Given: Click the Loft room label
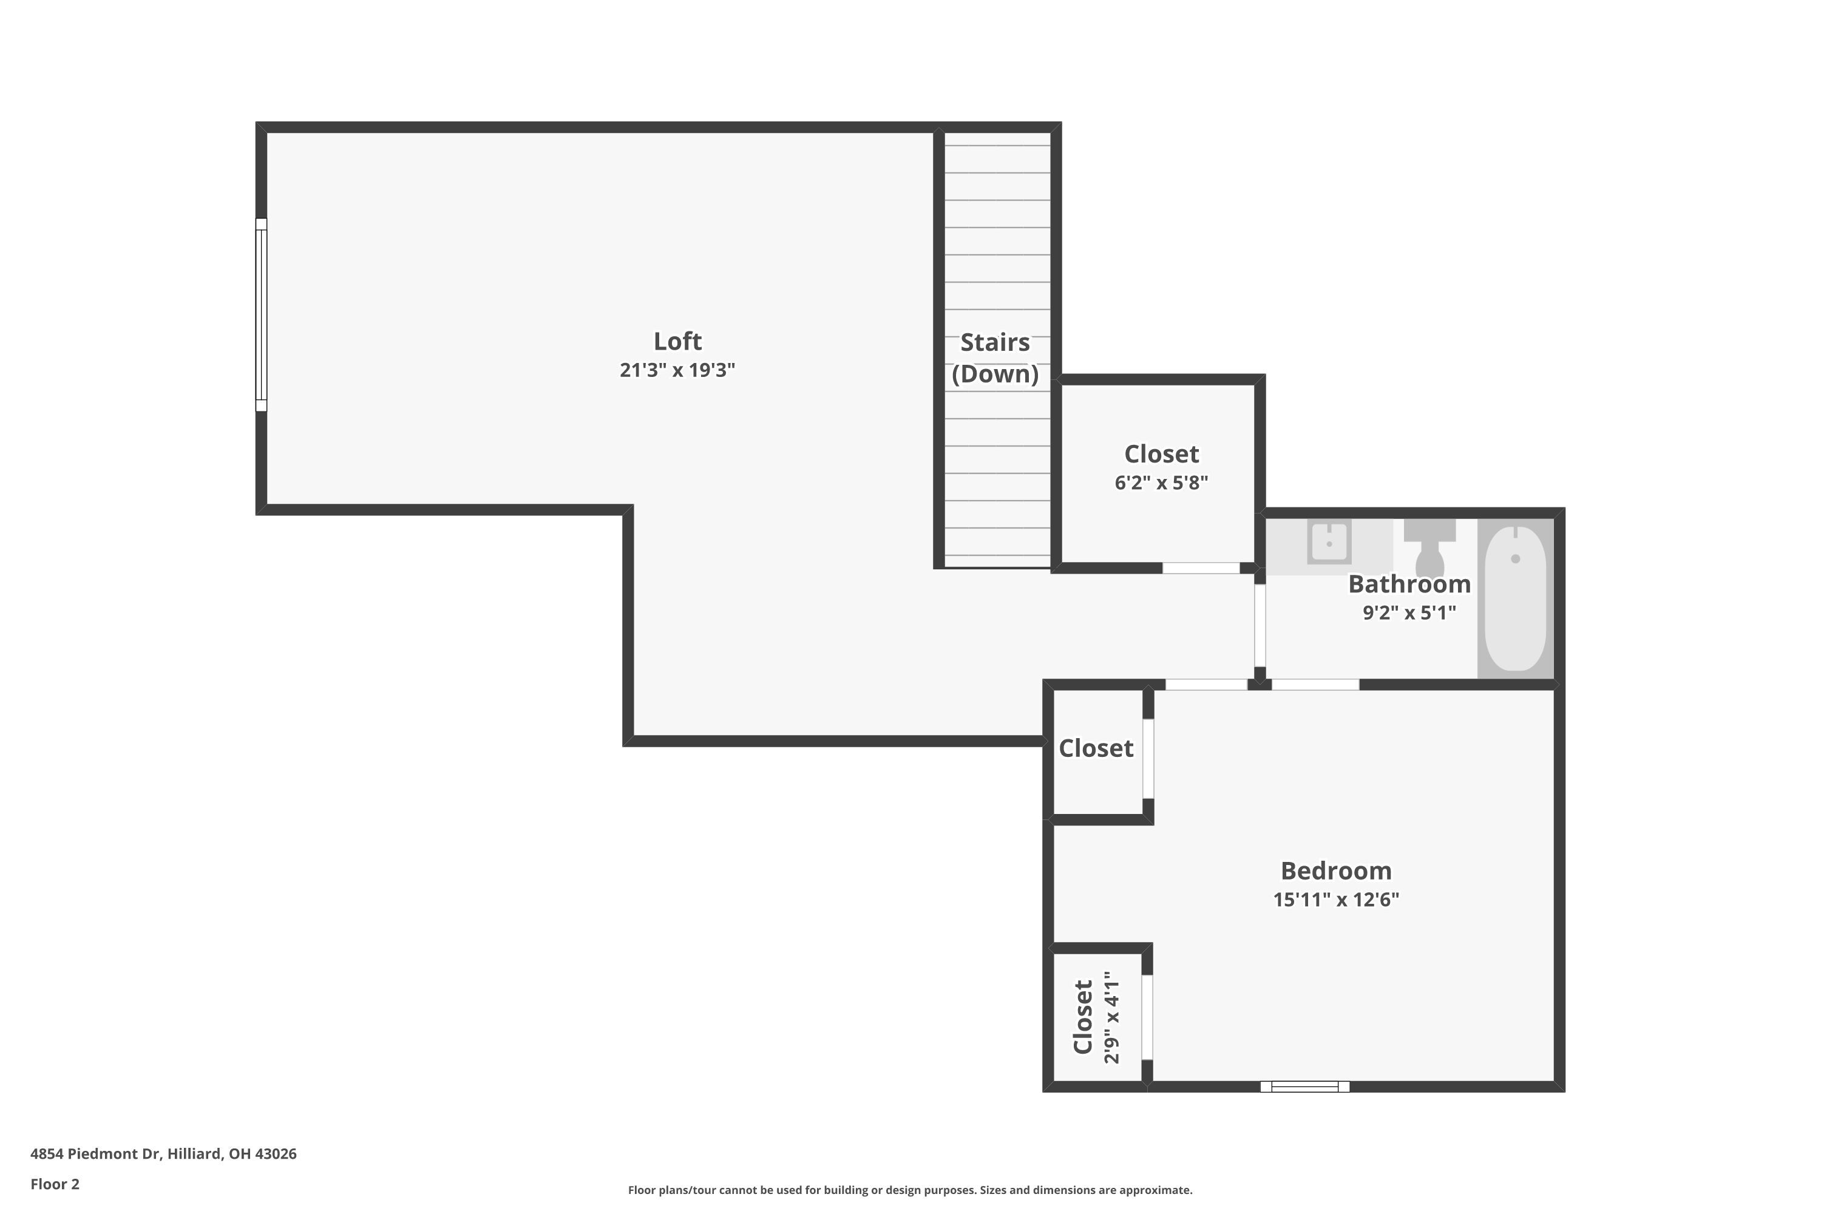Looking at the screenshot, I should pos(677,341).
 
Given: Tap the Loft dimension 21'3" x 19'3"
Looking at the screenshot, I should pos(677,370).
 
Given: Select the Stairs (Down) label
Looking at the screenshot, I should pos(995,358).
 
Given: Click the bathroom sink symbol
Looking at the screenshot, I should pos(1329,541).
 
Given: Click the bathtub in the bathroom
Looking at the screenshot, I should pos(1515,599).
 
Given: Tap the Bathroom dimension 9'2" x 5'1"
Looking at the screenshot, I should pos(1408,613).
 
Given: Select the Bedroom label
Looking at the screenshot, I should pos(1335,871).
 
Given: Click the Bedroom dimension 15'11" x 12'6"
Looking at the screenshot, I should pos(1335,900).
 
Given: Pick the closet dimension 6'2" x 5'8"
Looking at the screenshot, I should pos(1161,483).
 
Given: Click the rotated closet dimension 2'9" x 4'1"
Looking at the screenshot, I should pos(1112,1017).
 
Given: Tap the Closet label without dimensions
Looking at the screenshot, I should pos(1096,748).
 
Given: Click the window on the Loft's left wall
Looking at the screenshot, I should pos(262,314).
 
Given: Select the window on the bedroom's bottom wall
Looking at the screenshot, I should pos(1304,1087).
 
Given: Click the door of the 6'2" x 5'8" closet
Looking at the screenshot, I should pos(1200,568).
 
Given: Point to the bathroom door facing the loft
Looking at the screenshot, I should pos(1260,626).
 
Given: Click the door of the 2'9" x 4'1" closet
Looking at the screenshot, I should pos(1147,1017).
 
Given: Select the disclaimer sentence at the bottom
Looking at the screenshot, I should pos(910,1190).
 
